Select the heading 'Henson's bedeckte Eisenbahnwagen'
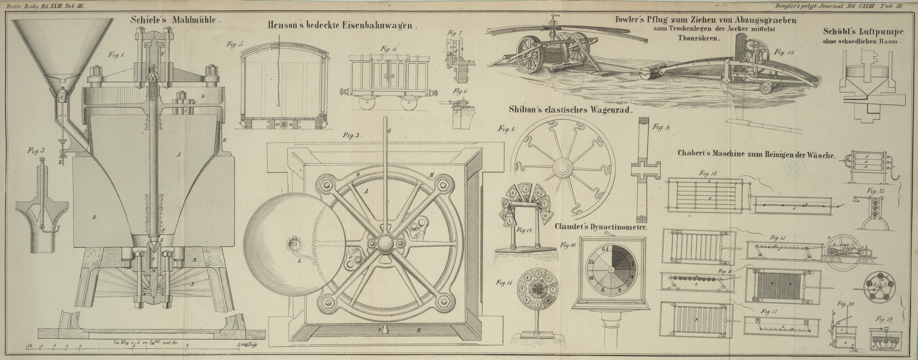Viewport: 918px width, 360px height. tap(342, 25)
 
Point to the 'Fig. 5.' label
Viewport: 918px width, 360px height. tap(235, 45)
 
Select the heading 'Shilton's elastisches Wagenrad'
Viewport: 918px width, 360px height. tap(570, 110)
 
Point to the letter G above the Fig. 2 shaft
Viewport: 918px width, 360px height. tap(389, 131)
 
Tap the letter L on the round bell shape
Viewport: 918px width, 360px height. tap(299, 261)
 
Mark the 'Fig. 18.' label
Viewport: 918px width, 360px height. tap(708, 173)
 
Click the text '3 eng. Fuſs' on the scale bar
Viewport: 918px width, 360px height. tap(247, 345)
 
